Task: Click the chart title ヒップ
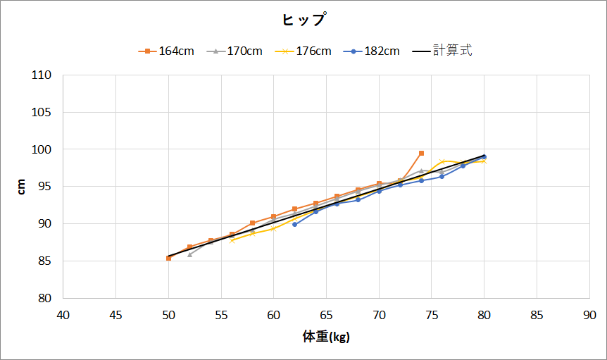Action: point(303,20)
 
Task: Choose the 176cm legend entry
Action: point(303,51)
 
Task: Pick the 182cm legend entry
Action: point(373,51)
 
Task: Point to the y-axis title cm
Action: point(22,187)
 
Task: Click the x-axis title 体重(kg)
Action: point(326,337)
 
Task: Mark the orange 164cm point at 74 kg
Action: point(421,153)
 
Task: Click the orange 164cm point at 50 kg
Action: point(168,259)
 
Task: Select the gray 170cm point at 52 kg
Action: point(189,254)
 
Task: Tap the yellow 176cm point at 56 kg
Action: point(232,240)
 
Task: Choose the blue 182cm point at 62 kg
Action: point(294,224)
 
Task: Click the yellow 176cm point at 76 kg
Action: point(442,161)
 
